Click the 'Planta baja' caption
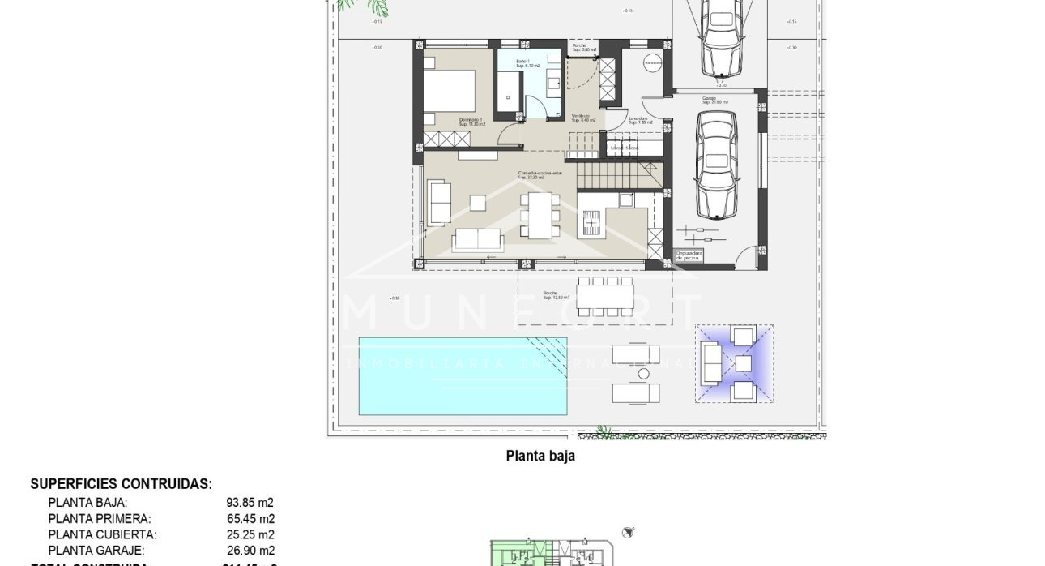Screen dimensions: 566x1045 click(x=540, y=456)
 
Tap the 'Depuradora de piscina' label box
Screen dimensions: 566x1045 click(x=690, y=255)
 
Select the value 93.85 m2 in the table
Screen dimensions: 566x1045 click(x=250, y=503)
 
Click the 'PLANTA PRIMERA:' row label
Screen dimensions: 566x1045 click(x=100, y=519)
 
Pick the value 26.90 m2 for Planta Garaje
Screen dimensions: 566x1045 click(x=250, y=551)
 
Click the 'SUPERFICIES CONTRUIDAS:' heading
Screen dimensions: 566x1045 click(x=122, y=484)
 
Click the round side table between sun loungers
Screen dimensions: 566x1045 click(x=643, y=374)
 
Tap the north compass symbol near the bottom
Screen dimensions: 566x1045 click(x=628, y=532)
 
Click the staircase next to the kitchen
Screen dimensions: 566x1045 click(x=616, y=173)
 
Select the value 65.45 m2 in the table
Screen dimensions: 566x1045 click(x=250, y=519)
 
